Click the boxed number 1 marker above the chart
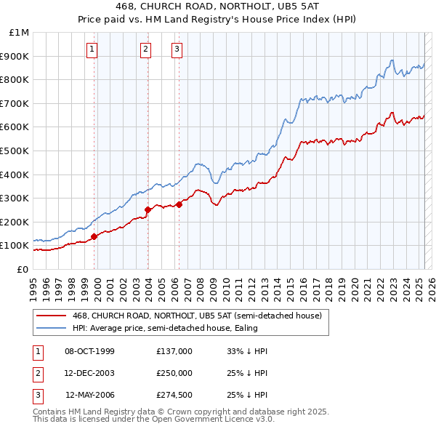[x=93, y=49]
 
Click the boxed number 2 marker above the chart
[x=146, y=49]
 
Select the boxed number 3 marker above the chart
[x=177, y=49]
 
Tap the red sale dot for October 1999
[x=94, y=236]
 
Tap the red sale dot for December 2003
[x=148, y=209]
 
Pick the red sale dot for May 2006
[x=179, y=204]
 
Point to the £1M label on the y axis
[x=20, y=33]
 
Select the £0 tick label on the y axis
[x=22, y=269]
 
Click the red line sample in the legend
[x=52, y=316]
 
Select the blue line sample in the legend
[x=52, y=328]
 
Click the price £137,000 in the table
[x=174, y=351]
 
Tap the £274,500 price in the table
[x=174, y=395]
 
